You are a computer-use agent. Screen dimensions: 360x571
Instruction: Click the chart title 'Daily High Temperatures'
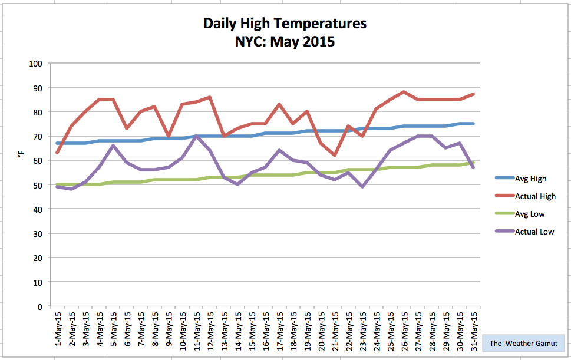(285, 24)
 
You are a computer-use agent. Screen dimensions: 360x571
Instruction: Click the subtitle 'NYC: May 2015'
(285, 42)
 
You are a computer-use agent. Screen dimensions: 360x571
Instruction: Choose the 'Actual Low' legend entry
(534, 232)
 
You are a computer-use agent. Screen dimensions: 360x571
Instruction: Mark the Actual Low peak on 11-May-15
(196, 136)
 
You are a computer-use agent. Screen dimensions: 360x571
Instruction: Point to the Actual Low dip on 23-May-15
(362, 187)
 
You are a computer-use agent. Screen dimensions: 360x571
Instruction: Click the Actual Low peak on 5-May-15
(113, 146)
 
